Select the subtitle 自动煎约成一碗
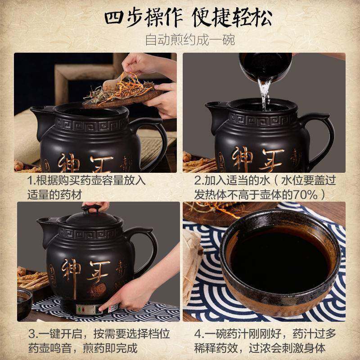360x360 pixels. coord(190,40)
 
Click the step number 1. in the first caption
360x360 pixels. coord(32,180)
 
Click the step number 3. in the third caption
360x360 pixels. coord(33,333)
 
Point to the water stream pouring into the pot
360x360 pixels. coord(265,94)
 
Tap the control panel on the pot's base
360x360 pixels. coord(97,309)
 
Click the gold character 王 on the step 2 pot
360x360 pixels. coord(271,160)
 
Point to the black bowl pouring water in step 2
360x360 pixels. coord(265,67)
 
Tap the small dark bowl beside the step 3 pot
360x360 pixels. coord(25,303)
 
